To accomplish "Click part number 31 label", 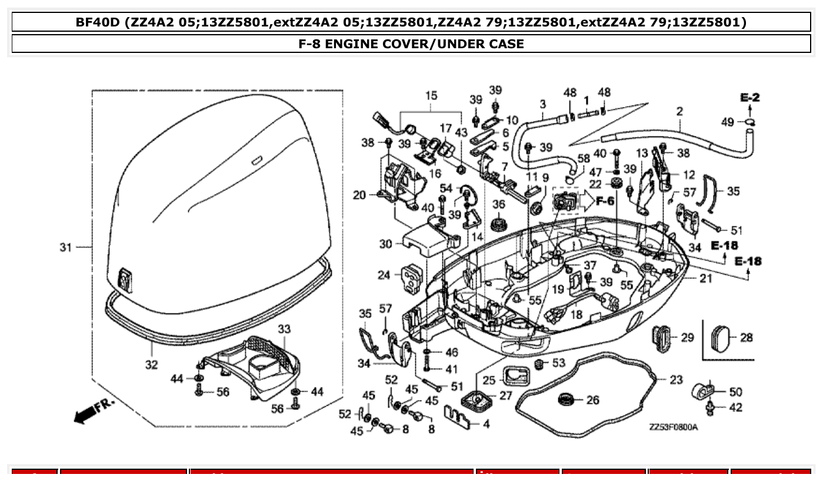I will (65, 248).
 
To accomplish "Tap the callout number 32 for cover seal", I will (151, 365).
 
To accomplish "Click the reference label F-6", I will (605, 201).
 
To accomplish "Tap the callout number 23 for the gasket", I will (676, 380).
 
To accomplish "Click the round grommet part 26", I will (566, 400).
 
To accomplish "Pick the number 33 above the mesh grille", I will (284, 328).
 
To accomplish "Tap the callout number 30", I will (385, 243).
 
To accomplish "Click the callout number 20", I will (359, 195).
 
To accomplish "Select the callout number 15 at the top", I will (431, 95).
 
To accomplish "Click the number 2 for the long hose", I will (679, 111).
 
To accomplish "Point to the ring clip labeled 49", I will (749, 122).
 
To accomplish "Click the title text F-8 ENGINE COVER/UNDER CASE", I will (411, 44).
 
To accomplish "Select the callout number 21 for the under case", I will (706, 278).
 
